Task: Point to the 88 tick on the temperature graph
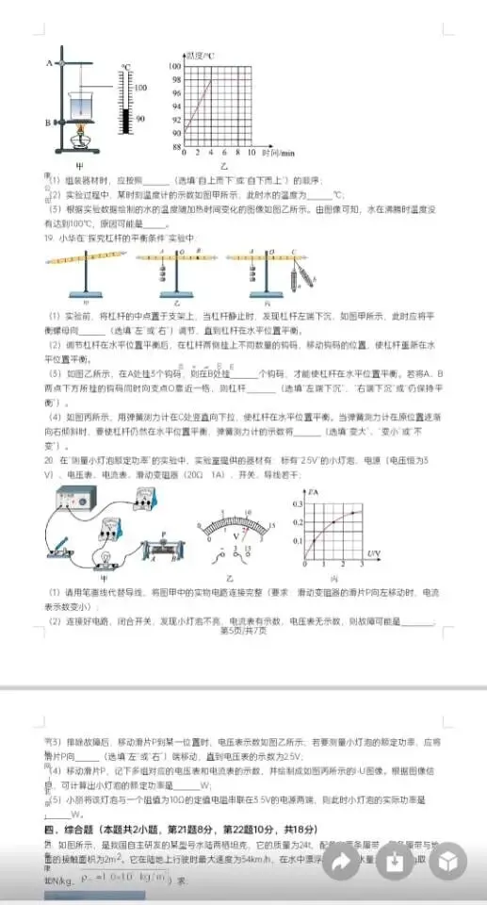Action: pos(175,147)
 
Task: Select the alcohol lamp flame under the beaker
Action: pos(80,128)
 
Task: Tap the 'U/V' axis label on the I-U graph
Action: pos(373,553)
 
